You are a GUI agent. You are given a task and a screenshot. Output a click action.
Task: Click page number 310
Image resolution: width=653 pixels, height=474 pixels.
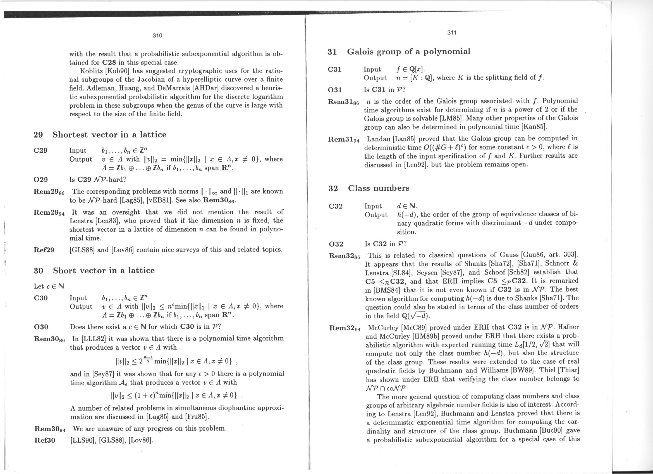(157, 35)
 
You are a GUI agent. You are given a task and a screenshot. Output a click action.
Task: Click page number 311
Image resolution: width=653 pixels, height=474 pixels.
(452, 33)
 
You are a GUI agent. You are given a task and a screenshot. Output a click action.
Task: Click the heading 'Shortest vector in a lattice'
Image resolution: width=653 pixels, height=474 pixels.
(109, 134)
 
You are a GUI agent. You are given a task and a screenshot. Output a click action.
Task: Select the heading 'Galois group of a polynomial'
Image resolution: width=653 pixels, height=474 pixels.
(408, 52)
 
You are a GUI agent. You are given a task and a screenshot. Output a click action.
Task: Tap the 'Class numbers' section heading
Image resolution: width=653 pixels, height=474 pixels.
(379, 188)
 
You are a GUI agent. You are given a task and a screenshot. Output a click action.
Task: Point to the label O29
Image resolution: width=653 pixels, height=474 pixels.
(41, 179)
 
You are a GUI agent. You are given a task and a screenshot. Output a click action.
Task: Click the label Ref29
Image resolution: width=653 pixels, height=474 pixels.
(44, 250)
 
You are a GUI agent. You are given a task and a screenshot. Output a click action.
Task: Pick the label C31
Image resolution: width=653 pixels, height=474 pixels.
(334, 69)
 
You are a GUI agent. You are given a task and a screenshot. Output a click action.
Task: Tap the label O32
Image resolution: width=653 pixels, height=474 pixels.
(336, 244)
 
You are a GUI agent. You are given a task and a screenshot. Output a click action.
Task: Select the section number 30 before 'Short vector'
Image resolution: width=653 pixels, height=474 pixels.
(38, 271)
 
